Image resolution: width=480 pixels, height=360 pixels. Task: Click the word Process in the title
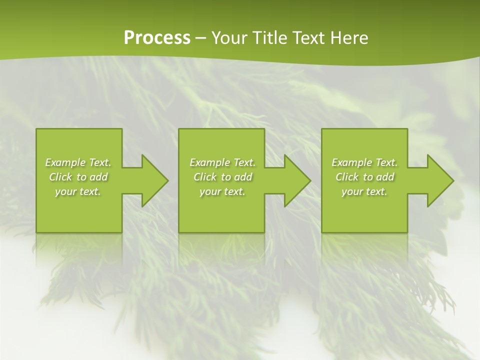tap(157, 38)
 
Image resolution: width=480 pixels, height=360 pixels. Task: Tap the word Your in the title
tap(228, 38)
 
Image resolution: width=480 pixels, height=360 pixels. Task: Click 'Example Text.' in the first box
tap(78, 162)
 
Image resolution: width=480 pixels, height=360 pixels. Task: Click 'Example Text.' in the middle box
tap(222, 162)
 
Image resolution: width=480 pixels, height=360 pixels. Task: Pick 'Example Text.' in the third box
tap(364, 162)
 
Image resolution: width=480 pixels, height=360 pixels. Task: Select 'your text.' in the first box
tap(78, 191)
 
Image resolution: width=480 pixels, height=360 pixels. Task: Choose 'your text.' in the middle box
tap(222, 191)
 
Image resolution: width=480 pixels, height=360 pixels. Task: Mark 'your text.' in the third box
tap(364, 191)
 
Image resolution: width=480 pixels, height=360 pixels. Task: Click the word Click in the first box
tap(60, 177)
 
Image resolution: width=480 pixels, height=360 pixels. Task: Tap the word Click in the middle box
tap(205, 177)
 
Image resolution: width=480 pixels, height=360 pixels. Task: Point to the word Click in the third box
tap(347, 177)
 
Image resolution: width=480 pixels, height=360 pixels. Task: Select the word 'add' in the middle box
tap(243, 177)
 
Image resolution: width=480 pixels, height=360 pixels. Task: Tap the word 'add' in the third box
tap(385, 177)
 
